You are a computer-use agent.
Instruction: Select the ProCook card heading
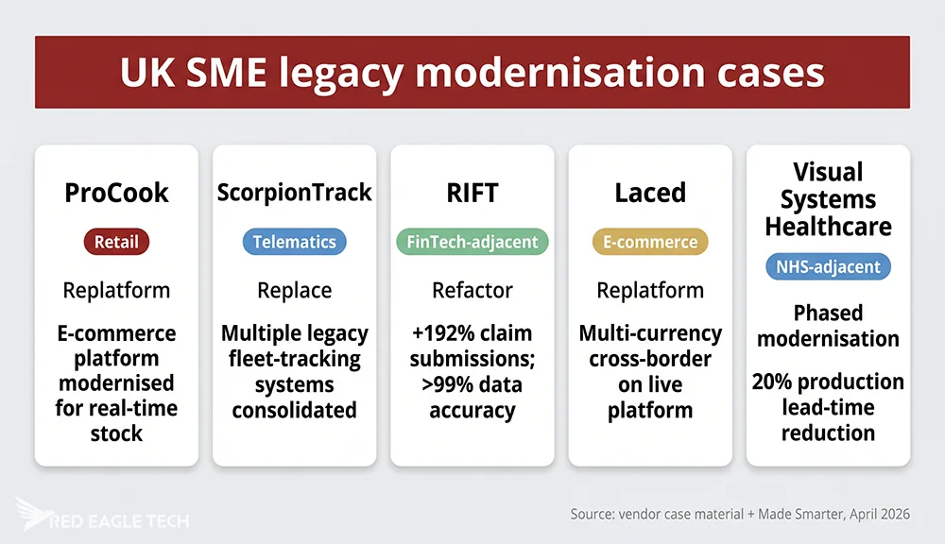(116, 193)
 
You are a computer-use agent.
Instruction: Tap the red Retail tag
(116, 242)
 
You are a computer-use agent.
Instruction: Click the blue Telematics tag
(294, 242)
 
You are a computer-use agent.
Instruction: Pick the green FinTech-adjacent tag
(472, 242)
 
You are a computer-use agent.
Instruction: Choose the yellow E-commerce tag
(649, 242)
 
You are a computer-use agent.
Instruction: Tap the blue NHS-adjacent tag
(827, 267)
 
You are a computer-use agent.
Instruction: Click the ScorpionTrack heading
(294, 193)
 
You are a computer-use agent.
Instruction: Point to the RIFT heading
(472, 193)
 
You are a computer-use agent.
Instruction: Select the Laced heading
(649, 193)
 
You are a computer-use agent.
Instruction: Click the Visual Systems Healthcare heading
(827, 199)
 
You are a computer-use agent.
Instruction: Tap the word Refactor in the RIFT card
(472, 290)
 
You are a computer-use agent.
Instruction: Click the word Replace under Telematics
(294, 290)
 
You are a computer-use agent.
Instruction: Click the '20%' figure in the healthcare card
(774, 382)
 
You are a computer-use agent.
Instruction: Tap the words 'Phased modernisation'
(827, 325)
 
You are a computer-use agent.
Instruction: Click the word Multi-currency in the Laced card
(649, 334)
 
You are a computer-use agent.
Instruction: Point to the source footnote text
(740, 515)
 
